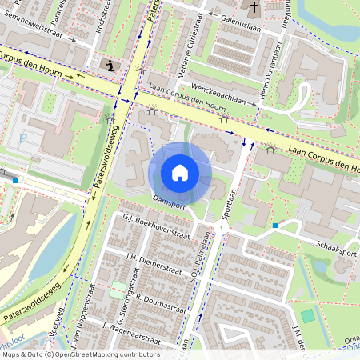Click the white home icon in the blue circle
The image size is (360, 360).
coord(180,173)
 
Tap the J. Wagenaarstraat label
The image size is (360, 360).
coord(127,326)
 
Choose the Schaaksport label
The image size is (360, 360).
coord(336,250)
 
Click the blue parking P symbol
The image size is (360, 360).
coord(22,138)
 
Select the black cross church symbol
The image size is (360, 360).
coord(254,9)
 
